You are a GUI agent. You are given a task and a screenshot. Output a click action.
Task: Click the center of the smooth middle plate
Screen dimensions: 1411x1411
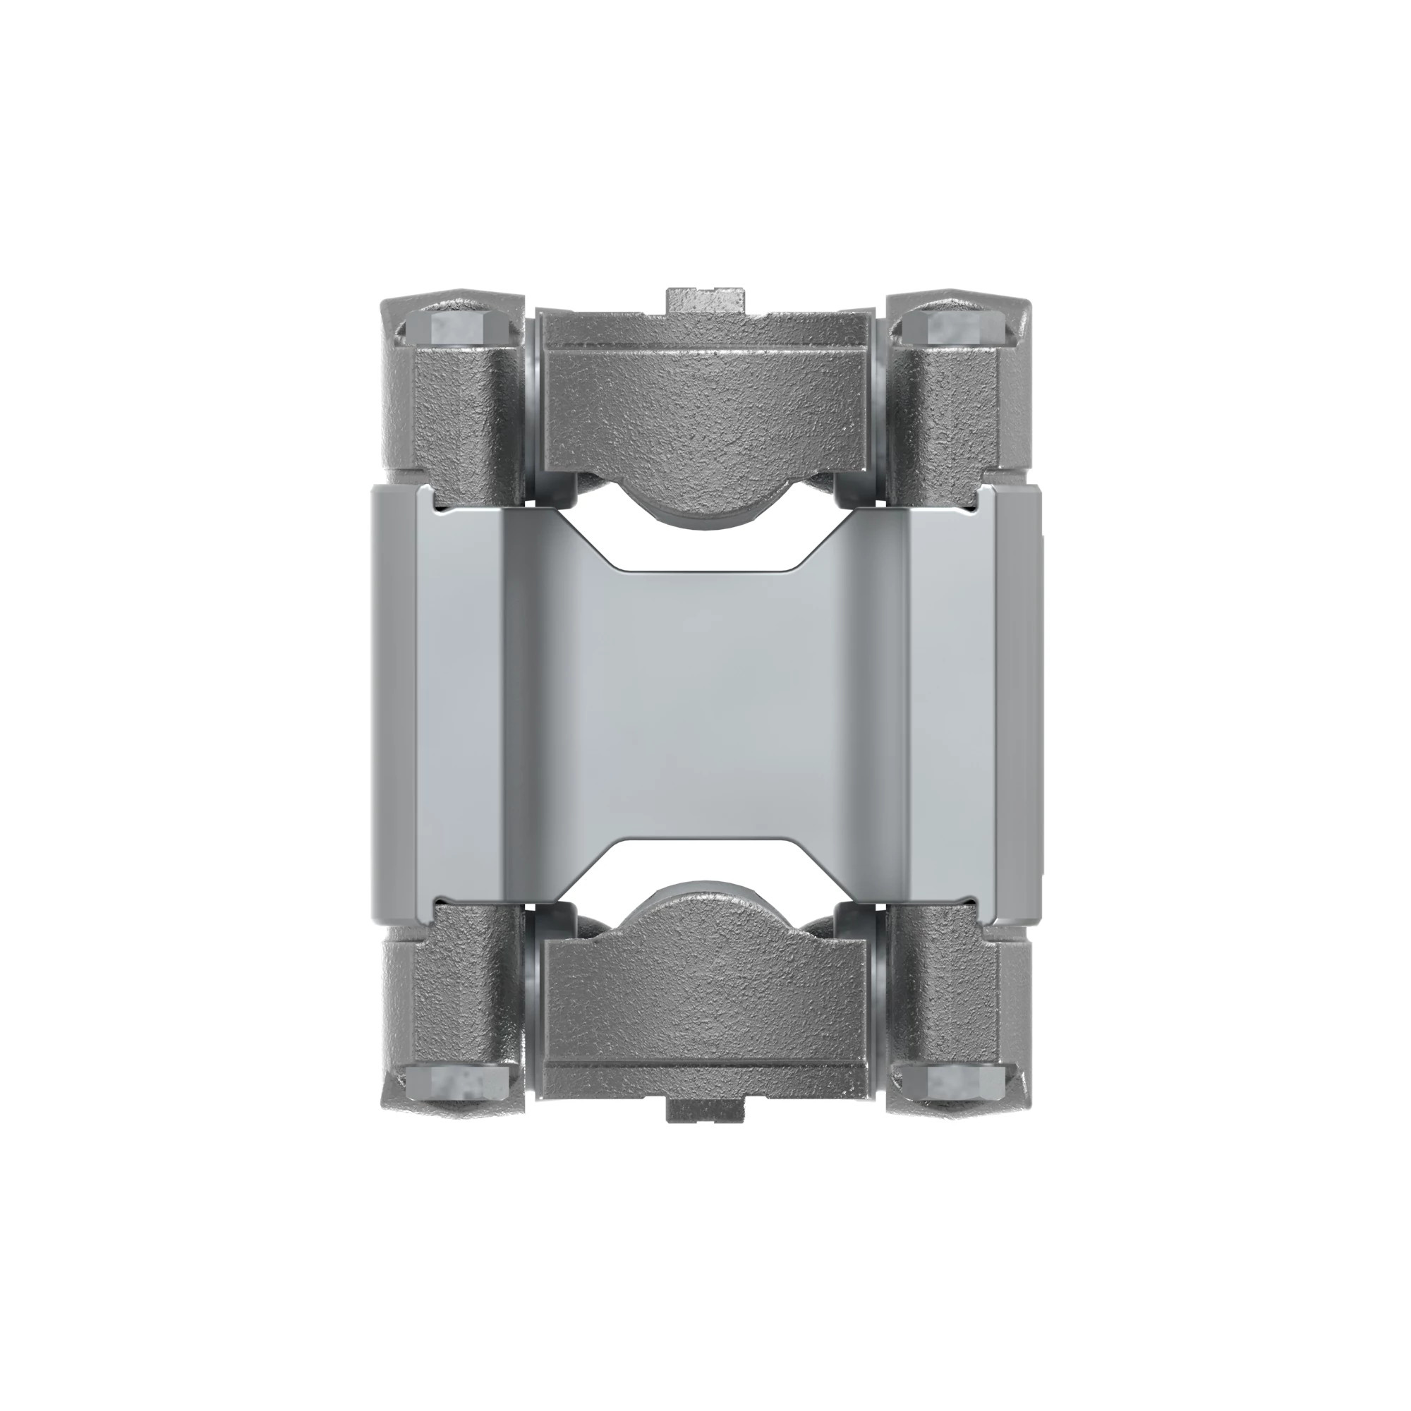(705, 705)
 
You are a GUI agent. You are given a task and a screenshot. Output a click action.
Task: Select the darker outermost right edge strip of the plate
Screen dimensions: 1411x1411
(1018, 705)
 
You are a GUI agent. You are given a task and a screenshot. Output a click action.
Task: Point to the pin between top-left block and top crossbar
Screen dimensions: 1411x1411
(531, 409)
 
